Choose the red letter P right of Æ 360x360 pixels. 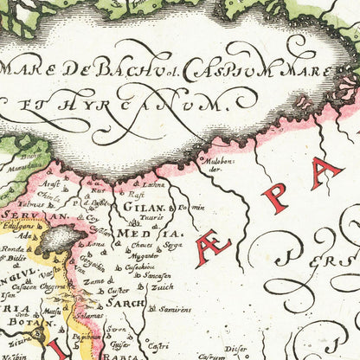click(275, 198)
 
